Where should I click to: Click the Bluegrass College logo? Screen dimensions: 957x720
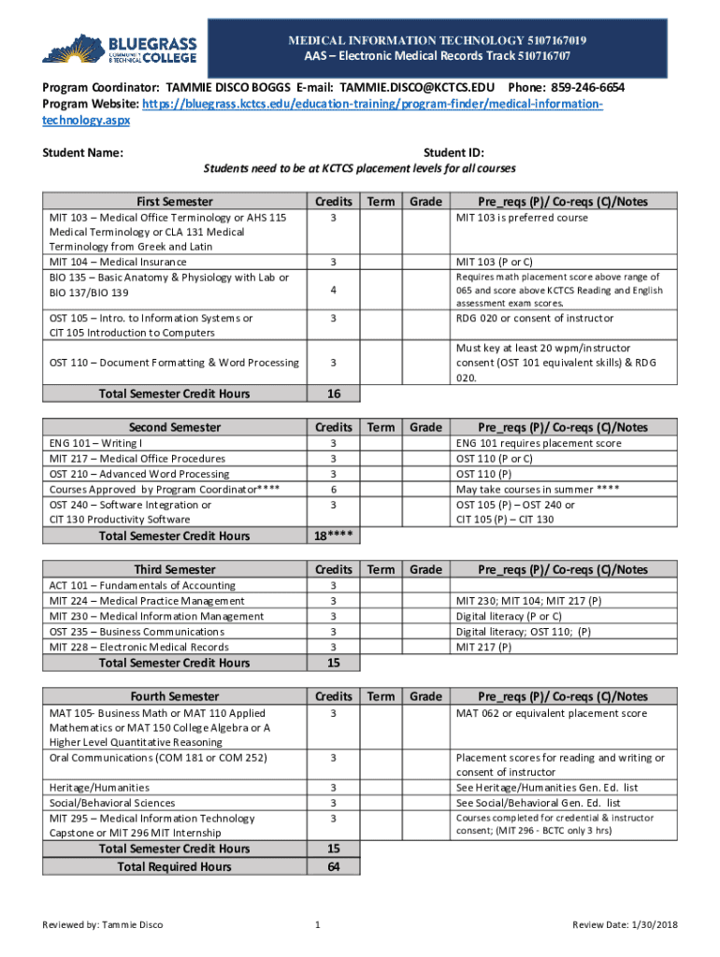tap(109, 50)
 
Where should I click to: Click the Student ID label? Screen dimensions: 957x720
tap(454, 152)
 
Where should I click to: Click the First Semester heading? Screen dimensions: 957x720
tap(175, 201)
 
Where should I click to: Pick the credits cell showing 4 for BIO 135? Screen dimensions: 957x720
tap(333, 292)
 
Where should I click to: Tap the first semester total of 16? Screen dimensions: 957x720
tap(333, 393)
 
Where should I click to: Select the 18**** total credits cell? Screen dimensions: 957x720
tap(333, 536)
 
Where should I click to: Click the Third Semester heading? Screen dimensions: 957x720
tap(175, 569)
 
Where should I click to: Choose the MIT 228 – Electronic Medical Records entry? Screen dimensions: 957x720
tap(138, 647)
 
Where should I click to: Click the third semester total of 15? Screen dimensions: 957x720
tap(333, 664)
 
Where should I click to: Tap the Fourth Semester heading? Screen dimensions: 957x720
tap(175, 696)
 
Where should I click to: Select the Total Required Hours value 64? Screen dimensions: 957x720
tap(333, 867)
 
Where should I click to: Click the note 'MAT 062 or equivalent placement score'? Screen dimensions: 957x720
tap(551, 713)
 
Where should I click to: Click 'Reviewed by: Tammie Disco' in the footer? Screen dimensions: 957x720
tap(103, 925)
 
